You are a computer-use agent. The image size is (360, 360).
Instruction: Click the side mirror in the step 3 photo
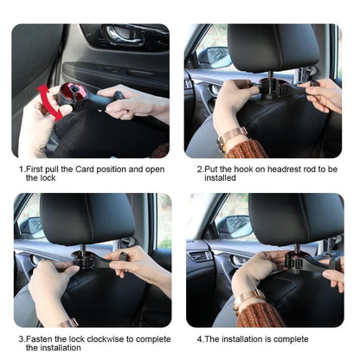pyautogui.click(x=31, y=226)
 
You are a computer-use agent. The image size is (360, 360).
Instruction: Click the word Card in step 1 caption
pyautogui.click(x=89, y=169)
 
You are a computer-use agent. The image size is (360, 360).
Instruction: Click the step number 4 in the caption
pyautogui.click(x=199, y=338)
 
